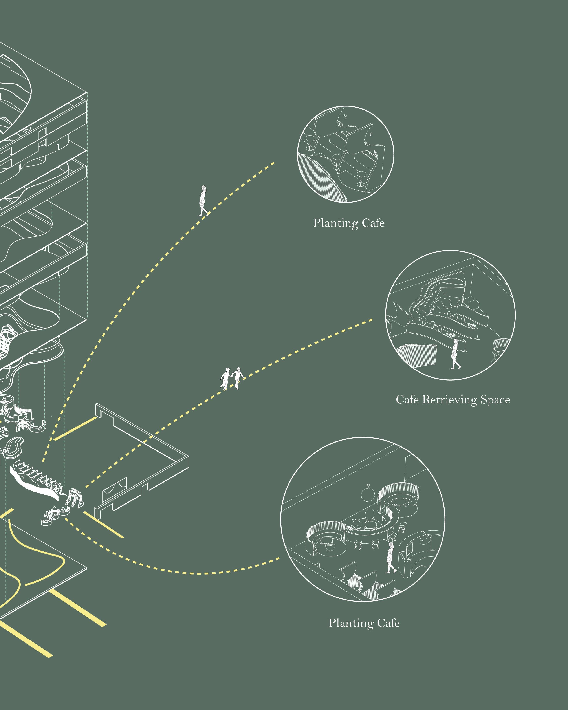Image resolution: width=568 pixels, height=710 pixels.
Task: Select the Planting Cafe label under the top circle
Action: click(349, 223)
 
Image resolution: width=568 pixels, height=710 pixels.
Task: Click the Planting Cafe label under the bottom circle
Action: click(364, 623)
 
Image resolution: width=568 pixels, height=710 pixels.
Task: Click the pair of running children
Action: click(232, 378)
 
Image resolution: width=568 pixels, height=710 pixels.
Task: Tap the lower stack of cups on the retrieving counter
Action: click(450, 335)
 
